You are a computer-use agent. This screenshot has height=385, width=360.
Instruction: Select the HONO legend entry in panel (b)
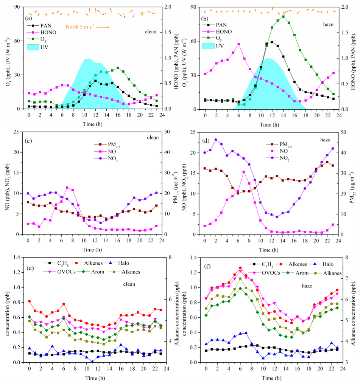[220, 31]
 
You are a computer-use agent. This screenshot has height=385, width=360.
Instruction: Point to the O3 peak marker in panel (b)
[283, 17]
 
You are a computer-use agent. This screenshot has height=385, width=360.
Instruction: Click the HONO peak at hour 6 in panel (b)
[238, 44]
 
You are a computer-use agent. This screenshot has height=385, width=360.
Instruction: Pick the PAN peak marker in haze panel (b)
[272, 42]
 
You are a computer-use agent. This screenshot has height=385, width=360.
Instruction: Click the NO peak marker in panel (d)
[244, 172]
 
